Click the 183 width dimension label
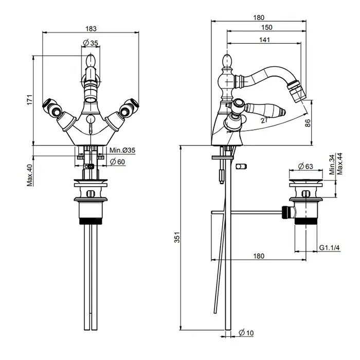click(91, 28)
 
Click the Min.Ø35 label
click(122, 150)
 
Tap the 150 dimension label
click(266, 28)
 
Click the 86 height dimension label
click(321, 123)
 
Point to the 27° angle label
click(264, 121)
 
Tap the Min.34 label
click(332, 165)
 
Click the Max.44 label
click(339, 165)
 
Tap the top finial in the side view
click(226, 60)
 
